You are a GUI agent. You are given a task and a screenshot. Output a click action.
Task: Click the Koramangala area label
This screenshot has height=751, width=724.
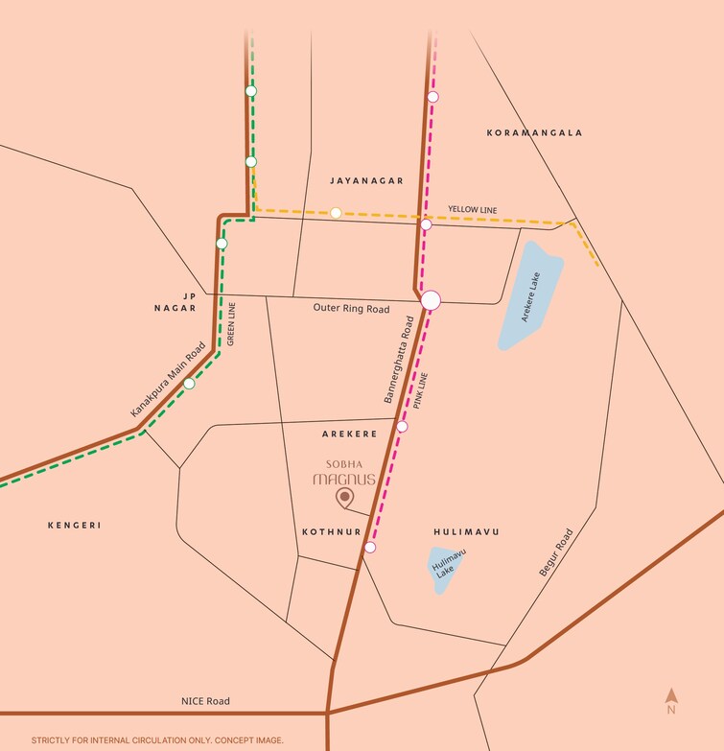[534, 132]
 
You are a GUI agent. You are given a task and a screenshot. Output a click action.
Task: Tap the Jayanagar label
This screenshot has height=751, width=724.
[366, 180]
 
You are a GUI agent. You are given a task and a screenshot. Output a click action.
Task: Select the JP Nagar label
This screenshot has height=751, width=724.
[175, 302]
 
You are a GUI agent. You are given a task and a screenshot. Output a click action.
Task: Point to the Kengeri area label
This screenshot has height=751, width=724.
[74, 525]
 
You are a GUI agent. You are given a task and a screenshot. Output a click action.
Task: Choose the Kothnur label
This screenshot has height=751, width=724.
[331, 531]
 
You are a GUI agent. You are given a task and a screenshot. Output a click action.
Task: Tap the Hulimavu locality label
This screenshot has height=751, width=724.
[466, 531]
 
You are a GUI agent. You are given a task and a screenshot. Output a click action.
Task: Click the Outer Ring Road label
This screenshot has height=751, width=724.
[351, 309]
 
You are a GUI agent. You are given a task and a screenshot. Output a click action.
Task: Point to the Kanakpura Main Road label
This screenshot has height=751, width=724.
[168, 380]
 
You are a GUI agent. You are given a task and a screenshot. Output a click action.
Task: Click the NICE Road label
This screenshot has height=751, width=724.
[205, 701]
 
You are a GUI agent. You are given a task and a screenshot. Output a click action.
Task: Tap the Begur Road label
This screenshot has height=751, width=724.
[555, 552]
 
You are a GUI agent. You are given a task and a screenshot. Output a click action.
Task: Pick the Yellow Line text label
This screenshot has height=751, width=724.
[472, 209]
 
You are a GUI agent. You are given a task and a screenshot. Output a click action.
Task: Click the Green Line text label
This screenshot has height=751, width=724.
[231, 323]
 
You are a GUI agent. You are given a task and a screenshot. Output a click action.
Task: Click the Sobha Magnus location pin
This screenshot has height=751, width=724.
[344, 497]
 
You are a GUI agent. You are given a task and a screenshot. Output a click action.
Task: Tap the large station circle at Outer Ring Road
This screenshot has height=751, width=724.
[431, 299]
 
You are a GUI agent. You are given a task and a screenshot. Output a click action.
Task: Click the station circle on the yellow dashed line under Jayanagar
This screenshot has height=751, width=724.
[336, 212]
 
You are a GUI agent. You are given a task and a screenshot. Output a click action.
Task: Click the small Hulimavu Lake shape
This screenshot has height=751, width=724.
[444, 570]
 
